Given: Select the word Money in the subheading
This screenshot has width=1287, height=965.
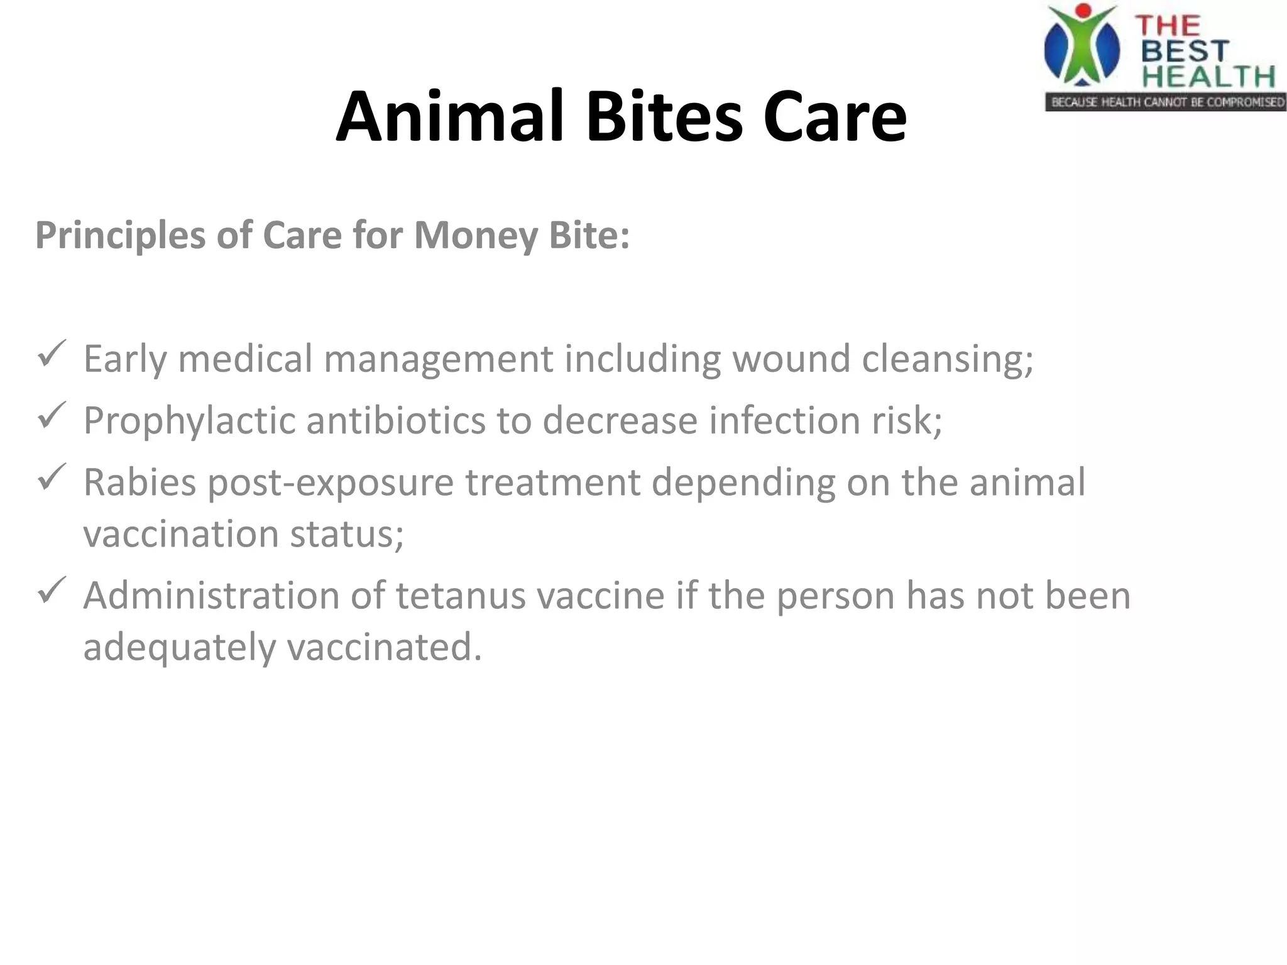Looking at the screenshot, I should tap(476, 236).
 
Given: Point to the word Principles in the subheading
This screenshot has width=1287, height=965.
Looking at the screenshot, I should tap(120, 236).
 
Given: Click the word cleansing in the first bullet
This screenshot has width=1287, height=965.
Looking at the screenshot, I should tap(946, 359).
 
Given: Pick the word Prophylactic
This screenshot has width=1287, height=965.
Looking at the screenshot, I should tap(189, 421).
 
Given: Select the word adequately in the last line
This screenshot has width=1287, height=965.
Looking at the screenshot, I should tap(180, 648).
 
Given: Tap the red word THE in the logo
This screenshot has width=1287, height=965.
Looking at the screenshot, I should tap(1168, 25).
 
